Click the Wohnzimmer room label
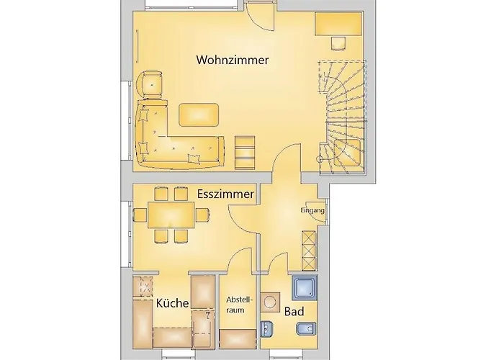(x=233, y=60)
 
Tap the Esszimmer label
(x=225, y=194)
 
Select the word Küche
(x=172, y=303)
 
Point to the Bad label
(x=294, y=312)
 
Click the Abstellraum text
(x=240, y=305)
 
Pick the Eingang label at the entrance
(x=312, y=210)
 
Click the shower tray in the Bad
(x=305, y=287)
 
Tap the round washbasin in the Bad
(x=270, y=302)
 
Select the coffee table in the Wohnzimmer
(x=199, y=114)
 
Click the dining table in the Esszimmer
(x=171, y=215)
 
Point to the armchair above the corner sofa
(x=150, y=84)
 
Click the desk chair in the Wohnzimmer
(x=338, y=44)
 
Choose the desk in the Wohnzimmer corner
(x=338, y=24)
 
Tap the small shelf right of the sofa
(x=245, y=153)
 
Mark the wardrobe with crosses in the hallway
(x=309, y=250)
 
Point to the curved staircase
(x=342, y=117)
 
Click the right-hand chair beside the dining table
(x=202, y=215)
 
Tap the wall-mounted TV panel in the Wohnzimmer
(x=138, y=45)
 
